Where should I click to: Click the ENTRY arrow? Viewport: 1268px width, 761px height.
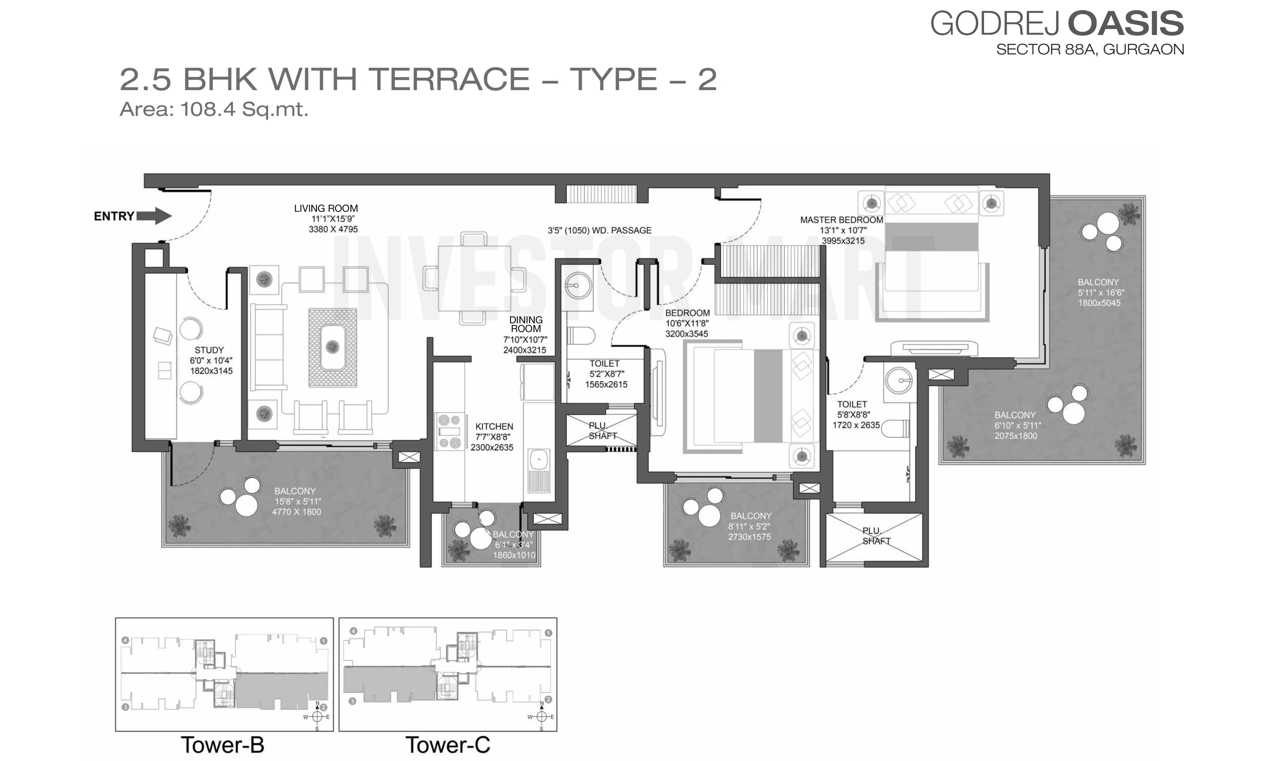(x=154, y=216)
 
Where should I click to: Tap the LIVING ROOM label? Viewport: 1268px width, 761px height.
(x=326, y=208)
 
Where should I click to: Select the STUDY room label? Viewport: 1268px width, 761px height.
(x=209, y=350)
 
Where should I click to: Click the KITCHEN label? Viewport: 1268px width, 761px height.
(x=494, y=426)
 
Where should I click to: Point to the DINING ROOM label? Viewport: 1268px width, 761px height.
(x=526, y=324)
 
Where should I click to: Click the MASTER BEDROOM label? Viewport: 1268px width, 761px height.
(x=842, y=219)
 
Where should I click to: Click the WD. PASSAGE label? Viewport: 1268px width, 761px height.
(x=621, y=230)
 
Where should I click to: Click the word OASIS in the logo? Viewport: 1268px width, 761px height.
(x=1126, y=23)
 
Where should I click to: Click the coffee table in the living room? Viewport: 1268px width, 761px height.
(x=333, y=348)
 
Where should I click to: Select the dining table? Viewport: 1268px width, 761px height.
(x=475, y=278)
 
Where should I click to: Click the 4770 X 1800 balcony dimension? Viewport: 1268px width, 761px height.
(x=296, y=512)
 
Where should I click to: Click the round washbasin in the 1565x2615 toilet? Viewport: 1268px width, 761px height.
(x=578, y=285)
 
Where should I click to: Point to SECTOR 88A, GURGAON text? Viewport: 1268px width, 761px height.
(x=1090, y=49)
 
